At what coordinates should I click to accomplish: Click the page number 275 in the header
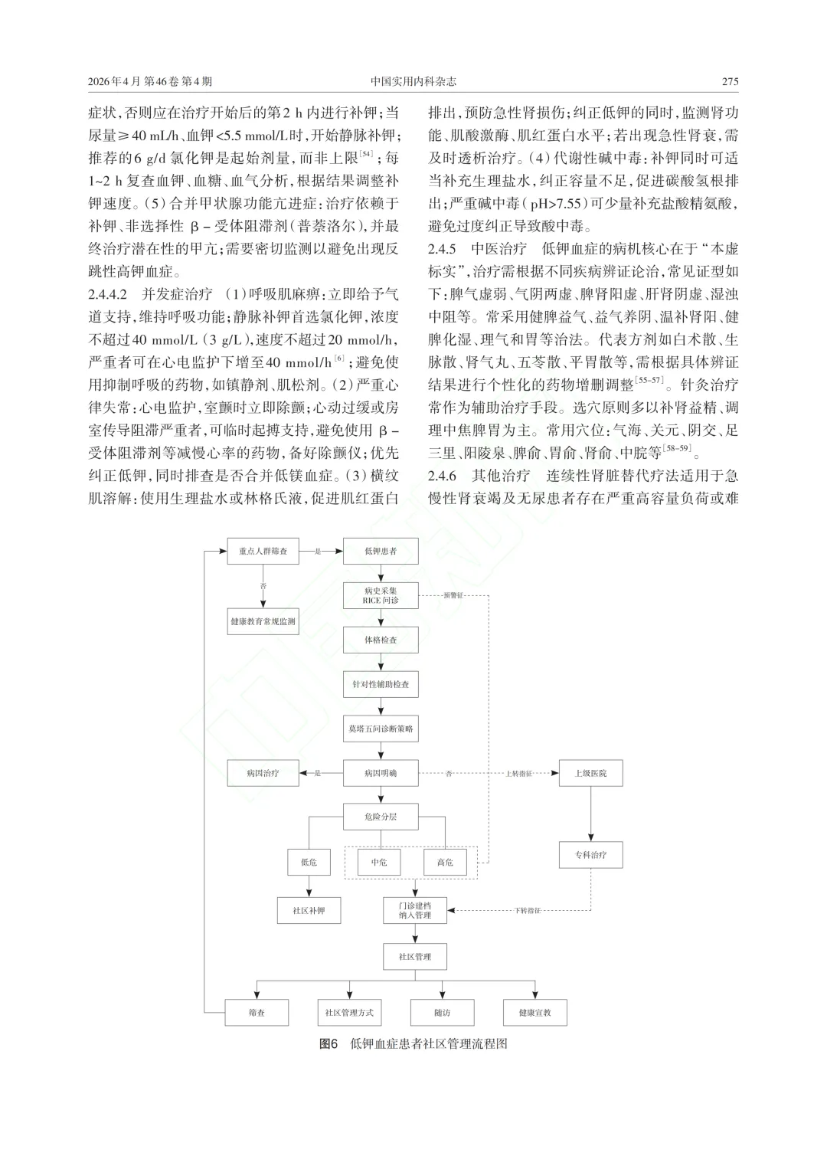pos(730,82)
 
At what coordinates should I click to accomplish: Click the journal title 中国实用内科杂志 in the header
pos(413,82)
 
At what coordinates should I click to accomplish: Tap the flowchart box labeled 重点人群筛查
pos(263,551)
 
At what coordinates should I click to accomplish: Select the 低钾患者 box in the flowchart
pos(381,551)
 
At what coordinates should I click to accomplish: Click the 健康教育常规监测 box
pos(263,622)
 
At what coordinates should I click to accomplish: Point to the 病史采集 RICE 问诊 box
pos(381,595)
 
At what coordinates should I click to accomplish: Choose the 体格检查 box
pos(381,640)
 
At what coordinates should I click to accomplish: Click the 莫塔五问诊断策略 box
pos(381,729)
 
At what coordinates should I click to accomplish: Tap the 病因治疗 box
pos(263,773)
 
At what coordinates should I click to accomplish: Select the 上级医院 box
pos(590,773)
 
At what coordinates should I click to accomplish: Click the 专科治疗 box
pos(590,855)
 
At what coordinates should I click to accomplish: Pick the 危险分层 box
pos(381,817)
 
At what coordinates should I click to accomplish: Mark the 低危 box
pos(309,862)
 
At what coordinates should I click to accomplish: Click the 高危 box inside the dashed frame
pos(445,862)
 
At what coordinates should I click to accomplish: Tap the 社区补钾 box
pos(309,911)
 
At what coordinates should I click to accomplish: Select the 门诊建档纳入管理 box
pos(415,910)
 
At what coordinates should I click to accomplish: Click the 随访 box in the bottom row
pos(442,1013)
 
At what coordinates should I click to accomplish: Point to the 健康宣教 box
pos(534,1013)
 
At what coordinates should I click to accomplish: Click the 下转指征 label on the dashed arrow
pos(528,911)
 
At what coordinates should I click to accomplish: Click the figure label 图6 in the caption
pos(329,1044)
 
